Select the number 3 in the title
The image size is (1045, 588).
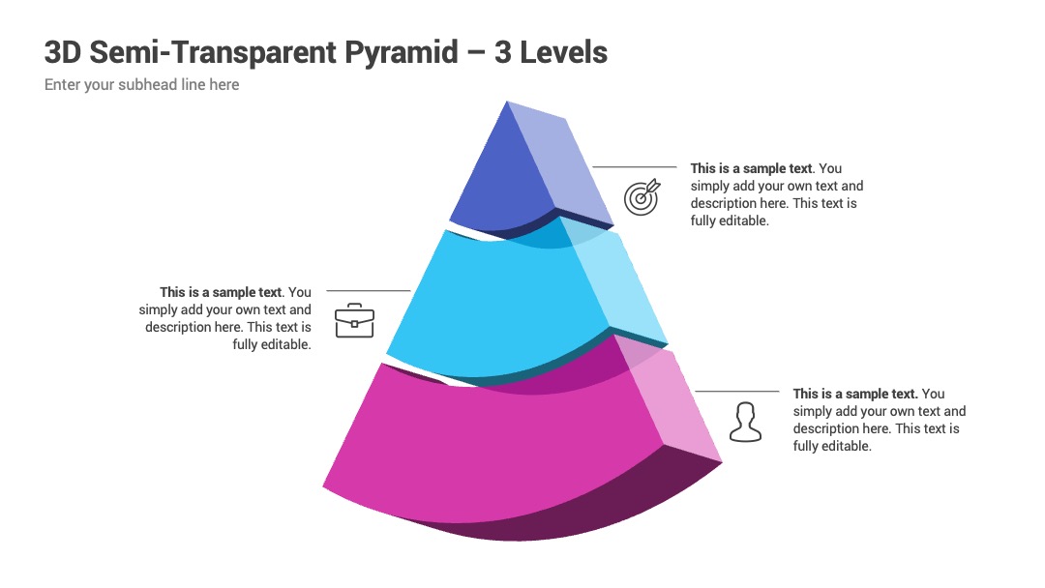click(502, 52)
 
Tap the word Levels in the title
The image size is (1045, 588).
click(563, 52)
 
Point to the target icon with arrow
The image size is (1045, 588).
click(642, 196)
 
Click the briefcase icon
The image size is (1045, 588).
click(354, 320)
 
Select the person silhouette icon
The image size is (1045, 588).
click(745, 422)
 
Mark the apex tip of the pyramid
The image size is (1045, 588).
click(507, 102)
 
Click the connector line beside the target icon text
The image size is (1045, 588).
click(635, 167)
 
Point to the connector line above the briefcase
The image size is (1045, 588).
click(369, 291)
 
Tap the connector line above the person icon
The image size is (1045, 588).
click(737, 392)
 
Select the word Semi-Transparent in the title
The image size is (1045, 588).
click(213, 52)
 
